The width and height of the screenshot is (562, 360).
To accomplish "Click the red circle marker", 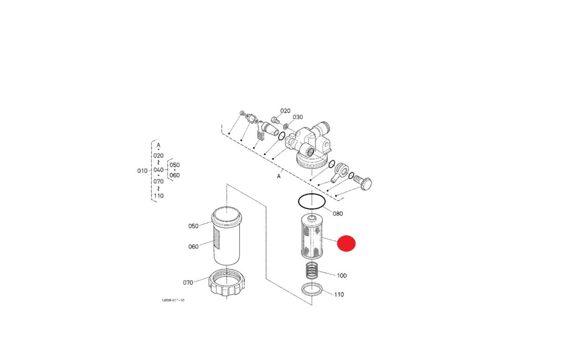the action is coord(346,243).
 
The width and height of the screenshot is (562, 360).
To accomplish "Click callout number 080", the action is coord(338,214).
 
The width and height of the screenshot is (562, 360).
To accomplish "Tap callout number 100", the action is coord(342,276).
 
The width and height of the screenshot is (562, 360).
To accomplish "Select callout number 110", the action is coord(339,294).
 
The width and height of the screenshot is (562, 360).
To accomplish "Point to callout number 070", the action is coord(188,283).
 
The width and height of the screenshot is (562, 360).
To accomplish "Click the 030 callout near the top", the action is coord(298,117).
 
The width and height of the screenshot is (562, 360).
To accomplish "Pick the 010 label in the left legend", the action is coord(142,171).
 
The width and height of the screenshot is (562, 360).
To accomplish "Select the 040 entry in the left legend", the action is coord(159,170).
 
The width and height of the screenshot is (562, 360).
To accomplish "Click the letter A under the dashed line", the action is coord(279,177).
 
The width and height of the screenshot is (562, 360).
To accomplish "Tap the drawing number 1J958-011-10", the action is coord(173,300).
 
